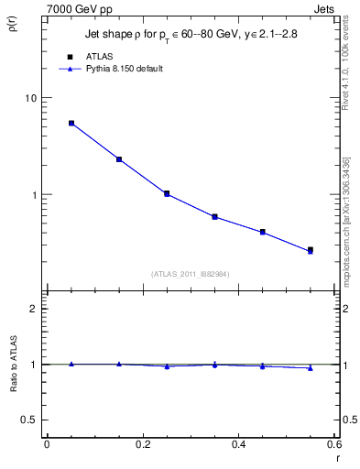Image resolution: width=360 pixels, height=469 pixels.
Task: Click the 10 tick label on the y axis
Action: (30, 99)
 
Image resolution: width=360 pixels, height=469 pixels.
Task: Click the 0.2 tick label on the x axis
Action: (143, 445)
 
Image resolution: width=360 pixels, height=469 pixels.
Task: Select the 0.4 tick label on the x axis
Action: (239, 445)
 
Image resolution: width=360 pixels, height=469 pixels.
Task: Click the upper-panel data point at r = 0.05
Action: (71, 123)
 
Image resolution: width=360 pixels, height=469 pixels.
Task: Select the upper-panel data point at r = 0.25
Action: (167, 193)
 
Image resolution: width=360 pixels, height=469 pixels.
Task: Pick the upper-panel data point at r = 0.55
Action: (311, 250)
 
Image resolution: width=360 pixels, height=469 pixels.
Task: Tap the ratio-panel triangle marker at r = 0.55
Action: (311, 368)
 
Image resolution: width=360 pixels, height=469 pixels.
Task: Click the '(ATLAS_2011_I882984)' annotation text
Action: (191, 274)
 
